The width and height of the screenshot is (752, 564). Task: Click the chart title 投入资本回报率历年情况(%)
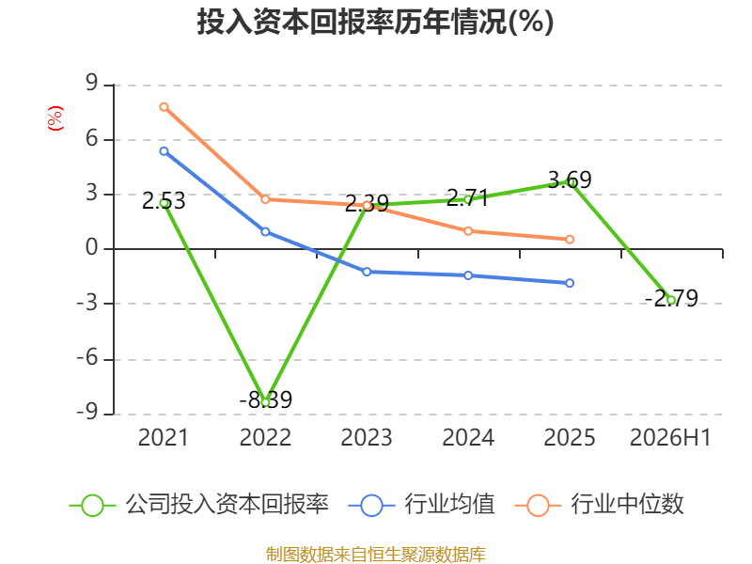coord(375,22)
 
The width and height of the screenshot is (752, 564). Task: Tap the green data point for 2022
coord(265,402)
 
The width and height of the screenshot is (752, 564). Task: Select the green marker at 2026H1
coord(671,300)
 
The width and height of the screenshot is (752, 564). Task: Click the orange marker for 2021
coord(164,107)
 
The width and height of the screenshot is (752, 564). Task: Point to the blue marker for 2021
coord(164,151)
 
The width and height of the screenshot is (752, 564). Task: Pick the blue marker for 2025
coord(570,283)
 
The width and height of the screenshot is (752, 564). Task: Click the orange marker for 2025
coord(570,240)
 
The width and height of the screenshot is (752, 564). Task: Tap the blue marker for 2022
coord(265,231)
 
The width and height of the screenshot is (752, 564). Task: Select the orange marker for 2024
coord(468,231)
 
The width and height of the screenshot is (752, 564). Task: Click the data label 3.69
coord(570,180)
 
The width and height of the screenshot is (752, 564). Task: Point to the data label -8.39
coord(266,399)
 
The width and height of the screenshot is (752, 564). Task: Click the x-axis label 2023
coord(367,437)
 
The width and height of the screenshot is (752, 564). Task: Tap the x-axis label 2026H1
coord(670,437)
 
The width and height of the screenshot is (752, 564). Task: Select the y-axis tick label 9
coord(91,83)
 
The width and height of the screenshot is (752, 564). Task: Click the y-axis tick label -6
coord(87,358)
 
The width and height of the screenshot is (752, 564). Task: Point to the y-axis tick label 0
coord(91,247)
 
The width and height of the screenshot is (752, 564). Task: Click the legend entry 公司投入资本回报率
coord(199,505)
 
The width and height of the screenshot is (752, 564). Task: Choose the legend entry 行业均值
coord(421,505)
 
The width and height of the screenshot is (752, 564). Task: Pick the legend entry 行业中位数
coord(600,505)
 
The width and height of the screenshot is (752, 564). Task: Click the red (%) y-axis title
coord(55,118)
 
